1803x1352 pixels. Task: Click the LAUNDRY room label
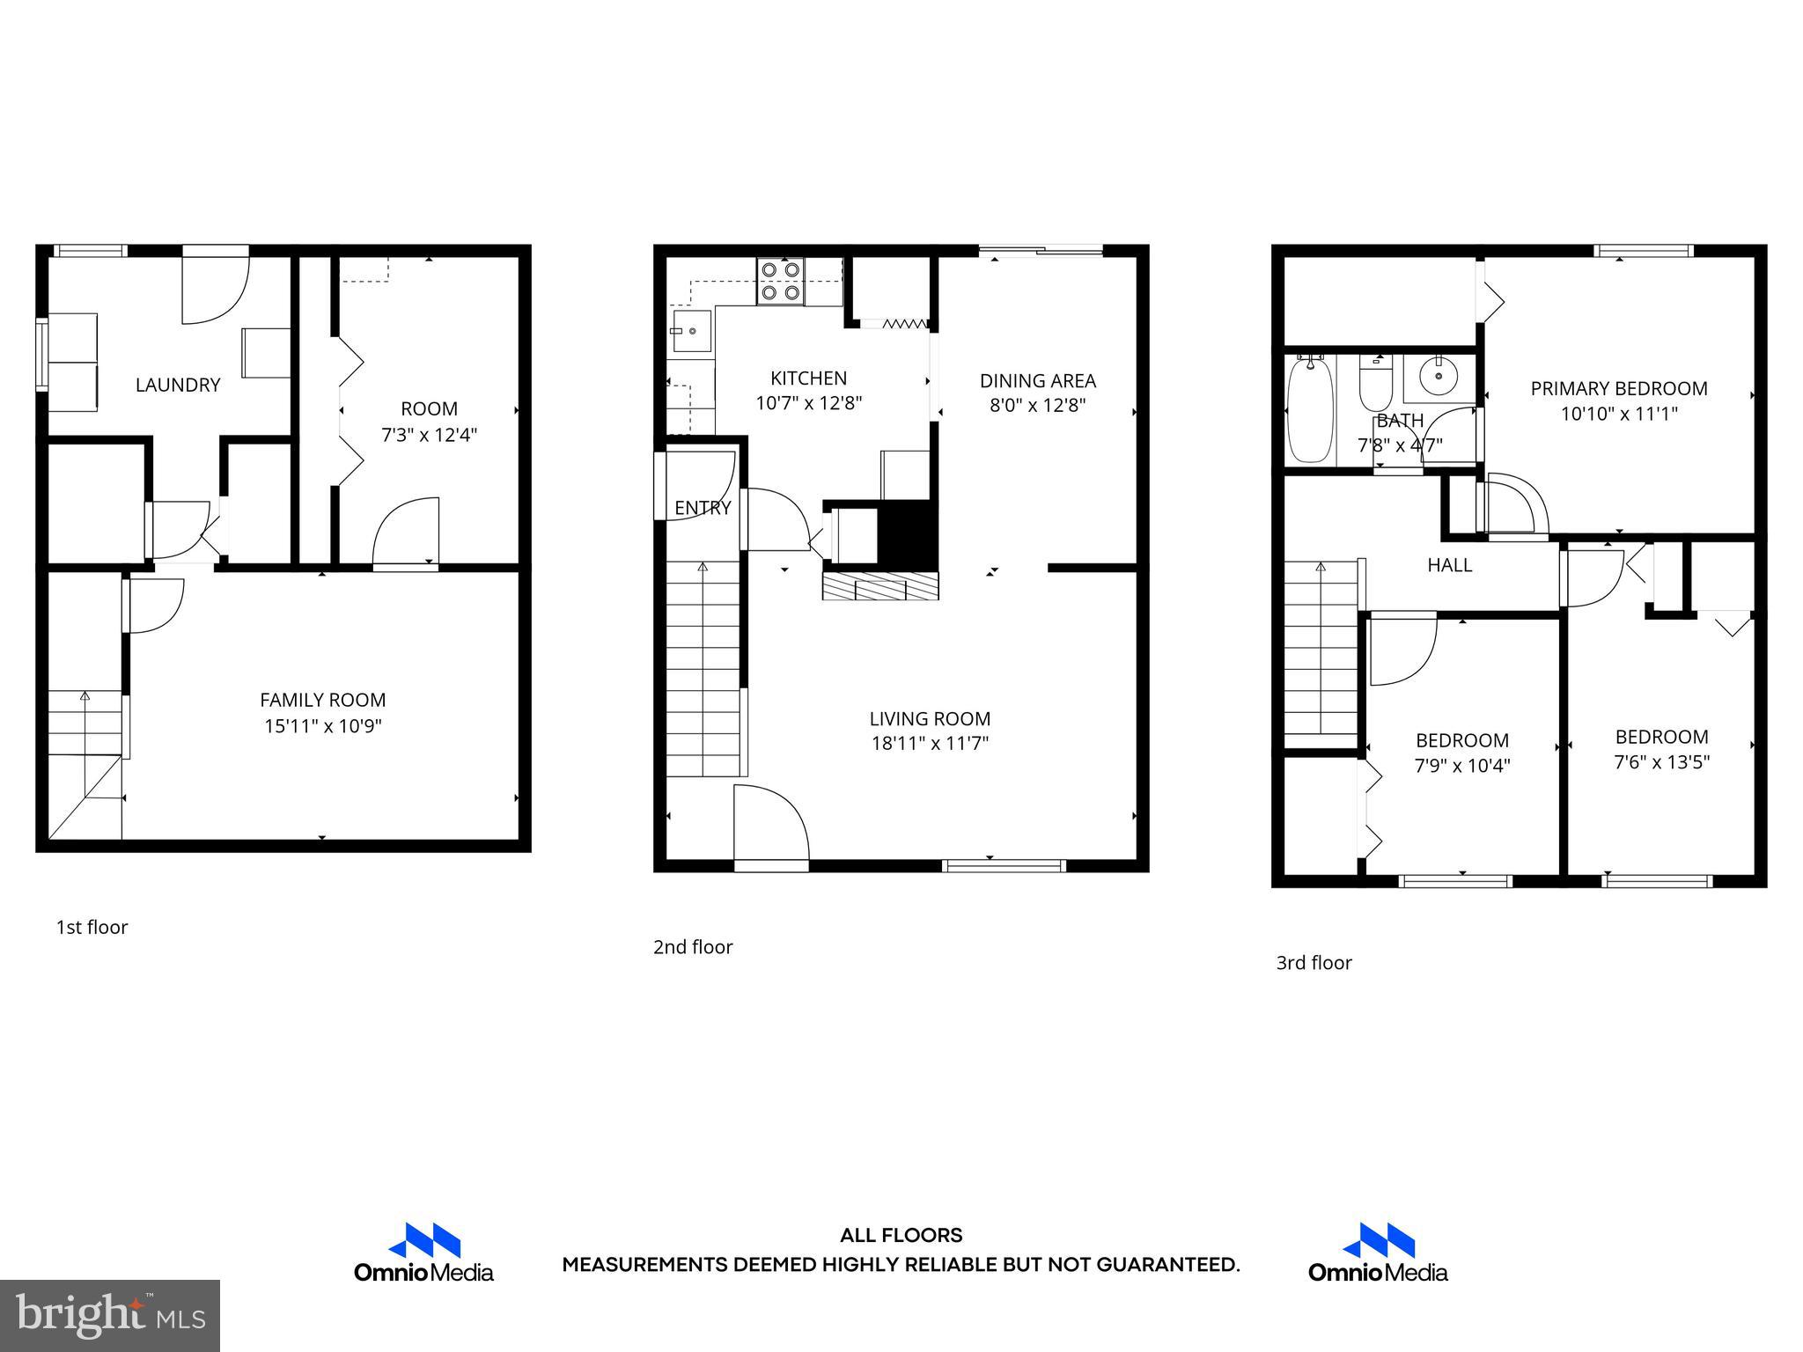click(x=177, y=385)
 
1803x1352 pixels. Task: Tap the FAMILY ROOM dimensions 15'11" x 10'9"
click(x=323, y=726)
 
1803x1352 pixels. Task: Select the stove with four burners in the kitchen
click(x=781, y=281)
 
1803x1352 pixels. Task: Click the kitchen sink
click(x=692, y=331)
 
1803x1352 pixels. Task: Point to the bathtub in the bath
click(x=1310, y=408)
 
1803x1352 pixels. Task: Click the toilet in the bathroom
click(x=1375, y=384)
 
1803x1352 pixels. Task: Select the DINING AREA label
click(x=1037, y=381)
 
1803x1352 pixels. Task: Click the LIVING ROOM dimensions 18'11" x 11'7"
click(x=930, y=743)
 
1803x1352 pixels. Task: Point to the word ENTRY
click(x=703, y=508)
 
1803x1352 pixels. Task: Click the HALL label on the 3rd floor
click(x=1449, y=565)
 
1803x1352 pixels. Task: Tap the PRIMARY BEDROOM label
click(x=1618, y=388)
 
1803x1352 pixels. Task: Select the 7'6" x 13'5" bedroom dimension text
click(x=1661, y=762)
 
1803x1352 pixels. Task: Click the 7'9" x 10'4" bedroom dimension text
click(x=1461, y=766)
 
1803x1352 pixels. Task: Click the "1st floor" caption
click(x=92, y=927)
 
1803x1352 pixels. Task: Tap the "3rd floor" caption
click(x=1314, y=963)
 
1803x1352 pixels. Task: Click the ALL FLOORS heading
click(x=901, y=1236)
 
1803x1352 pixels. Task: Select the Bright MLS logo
click(x=110, y=1315)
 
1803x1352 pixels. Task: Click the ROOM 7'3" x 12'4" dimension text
click(x=429, y=435)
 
